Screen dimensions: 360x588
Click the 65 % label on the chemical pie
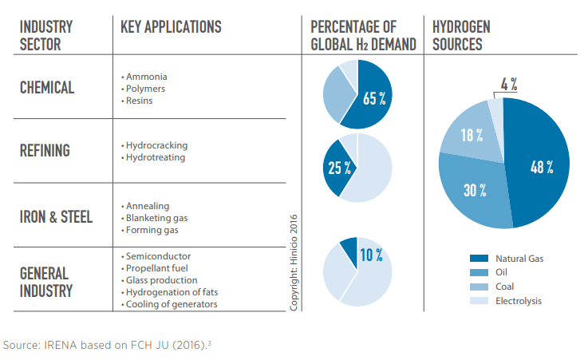(374, 98)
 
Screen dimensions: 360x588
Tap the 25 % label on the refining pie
(337, 168)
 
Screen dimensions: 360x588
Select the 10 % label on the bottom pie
(370, 255)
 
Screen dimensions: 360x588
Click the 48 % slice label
(543, 168)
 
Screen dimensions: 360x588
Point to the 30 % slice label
(474, 190)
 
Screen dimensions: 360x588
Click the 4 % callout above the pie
(509, 84)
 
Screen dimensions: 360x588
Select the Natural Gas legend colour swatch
(479, 259)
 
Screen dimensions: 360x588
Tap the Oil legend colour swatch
(479, 273)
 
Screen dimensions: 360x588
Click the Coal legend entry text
(506, 287)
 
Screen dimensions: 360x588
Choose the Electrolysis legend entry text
(519, 301)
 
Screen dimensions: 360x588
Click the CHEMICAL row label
(47, 88)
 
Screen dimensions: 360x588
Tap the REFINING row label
(45, 151)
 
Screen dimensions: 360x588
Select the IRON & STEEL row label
(56, 217)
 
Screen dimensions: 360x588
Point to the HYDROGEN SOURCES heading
(461, 36)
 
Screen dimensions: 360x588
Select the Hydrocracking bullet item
(155, 146)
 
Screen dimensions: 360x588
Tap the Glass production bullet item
(160, 280)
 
